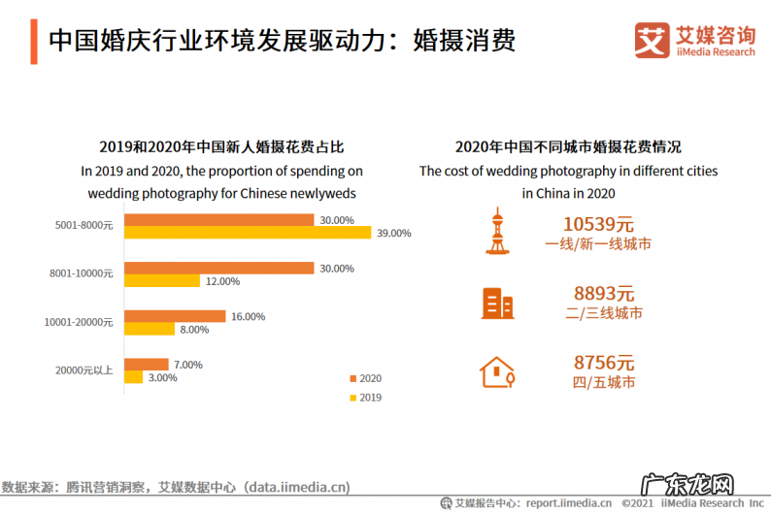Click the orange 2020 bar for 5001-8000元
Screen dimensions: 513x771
click(218, 220)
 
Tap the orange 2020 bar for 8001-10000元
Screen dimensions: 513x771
click(218, 268)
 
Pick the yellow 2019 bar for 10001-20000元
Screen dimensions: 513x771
click(148, 329)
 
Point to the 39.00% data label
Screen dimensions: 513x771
click(393, 233)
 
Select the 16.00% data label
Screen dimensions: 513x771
click(248, 316)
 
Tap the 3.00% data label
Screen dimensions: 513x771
click(162, 377)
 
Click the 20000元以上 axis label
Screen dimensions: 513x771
click(85, 370)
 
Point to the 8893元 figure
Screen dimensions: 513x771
click(603, 293)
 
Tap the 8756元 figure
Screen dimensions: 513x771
click(603, 363)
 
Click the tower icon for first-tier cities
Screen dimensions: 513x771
click(496, 231)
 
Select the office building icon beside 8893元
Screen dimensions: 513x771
click(497, 304)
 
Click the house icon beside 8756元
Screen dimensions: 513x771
click(496, 371)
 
